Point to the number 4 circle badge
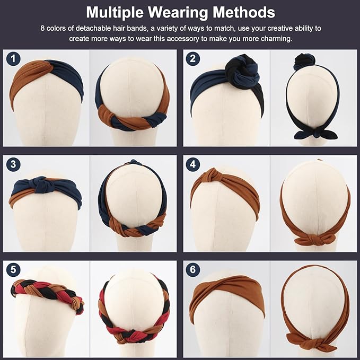(194, 165)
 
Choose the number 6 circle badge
(194, 270)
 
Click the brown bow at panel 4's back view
(316, 239)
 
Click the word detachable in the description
(94, 27)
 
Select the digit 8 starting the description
(42, 27)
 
